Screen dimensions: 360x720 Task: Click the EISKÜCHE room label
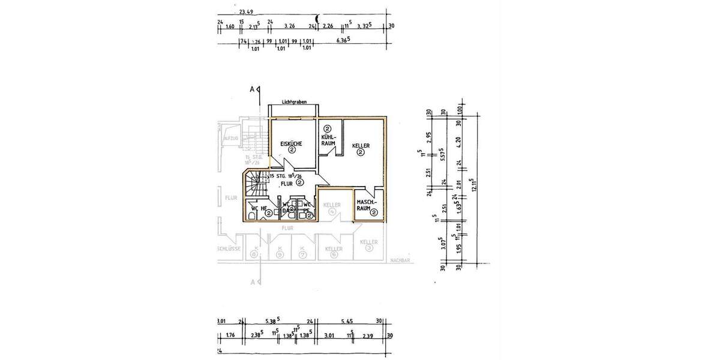291,143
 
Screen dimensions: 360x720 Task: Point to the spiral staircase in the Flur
255,183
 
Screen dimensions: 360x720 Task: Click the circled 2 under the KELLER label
361,153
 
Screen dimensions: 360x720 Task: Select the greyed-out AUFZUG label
231,138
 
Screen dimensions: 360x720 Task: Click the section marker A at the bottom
252,282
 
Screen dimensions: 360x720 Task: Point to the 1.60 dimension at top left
229,26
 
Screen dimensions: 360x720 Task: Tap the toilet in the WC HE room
250,215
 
